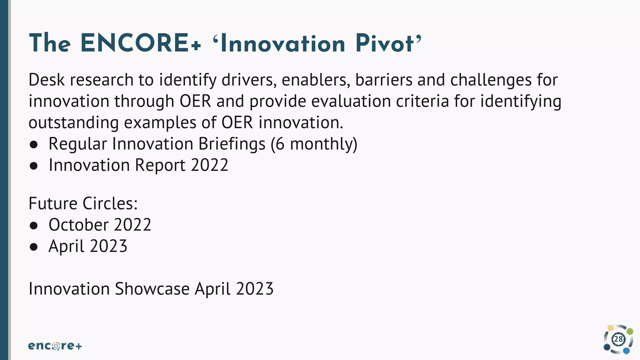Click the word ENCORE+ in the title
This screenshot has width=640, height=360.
pyautogui.click(x=140, y=43)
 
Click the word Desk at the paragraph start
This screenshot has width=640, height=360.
pyautogui.click(x=47, y=80)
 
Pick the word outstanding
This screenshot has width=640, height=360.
pyautogui.click(x=73, y=122)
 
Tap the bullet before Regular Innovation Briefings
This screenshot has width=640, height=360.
pyautogui.click(x=34, y=145)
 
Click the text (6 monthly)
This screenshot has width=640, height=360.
pyautogui.click(x=314, y=144)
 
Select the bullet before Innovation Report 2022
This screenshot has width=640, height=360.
pyautogui.click(x=34, y=166)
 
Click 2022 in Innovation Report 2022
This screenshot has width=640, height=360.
pyautogui.click(x=209, y=165)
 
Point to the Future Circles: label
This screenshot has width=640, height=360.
pyautogui.click(x=83, y=203)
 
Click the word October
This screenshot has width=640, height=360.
pyautogui.click(x=78, y=225)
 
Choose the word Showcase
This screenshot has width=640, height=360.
pyautogui.click(x=152, y=288)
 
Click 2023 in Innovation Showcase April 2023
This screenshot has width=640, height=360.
pyautogui.click(x=255, y=288)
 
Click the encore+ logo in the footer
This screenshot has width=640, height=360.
pyautogui.click(x=55, y=346)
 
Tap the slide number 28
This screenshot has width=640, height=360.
pyautogui.click(x=618, y=339)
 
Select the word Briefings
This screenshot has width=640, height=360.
pyautogui.click(x=232, y=144)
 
